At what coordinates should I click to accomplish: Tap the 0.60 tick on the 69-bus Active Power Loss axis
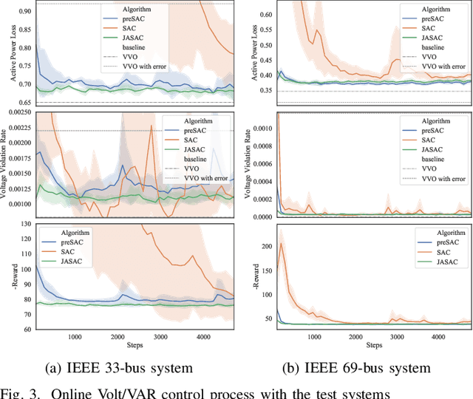[261, 14]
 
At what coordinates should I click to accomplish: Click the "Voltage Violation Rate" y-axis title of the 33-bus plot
[5, 164]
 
